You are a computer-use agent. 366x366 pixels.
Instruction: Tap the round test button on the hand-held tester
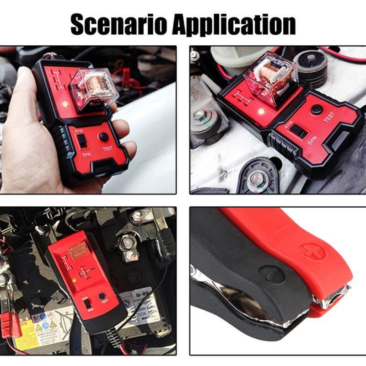(x=104, y=137)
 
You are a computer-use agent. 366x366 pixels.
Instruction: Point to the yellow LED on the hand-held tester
(x=65, y=104)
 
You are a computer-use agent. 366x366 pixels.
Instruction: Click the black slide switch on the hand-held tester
(x=83, y=141)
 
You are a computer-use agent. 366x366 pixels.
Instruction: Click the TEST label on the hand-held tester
(x=108, y=148)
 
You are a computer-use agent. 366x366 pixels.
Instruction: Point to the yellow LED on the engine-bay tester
(x=261, y=111)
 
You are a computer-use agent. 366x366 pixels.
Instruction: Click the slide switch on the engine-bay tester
(x=299, y=132)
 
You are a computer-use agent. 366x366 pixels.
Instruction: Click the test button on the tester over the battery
(x=102, y=296)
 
